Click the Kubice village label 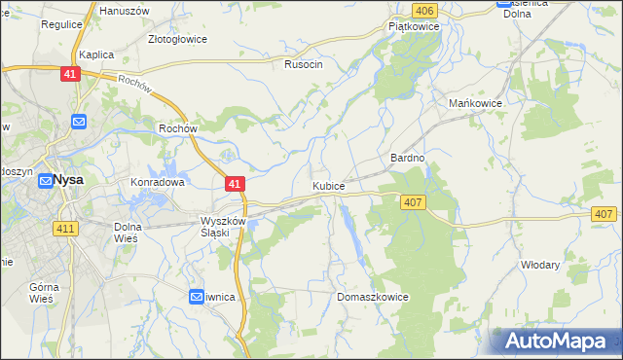pos(328,184)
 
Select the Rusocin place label pos(303,64)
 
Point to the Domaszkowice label pos(371,296)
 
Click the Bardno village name pos(408,157)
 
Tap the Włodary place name pos(539,264)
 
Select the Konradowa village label pos(158,182)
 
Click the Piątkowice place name pos(414,27)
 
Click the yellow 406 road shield pos(423,10)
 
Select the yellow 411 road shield pos(65,228)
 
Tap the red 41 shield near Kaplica pos(70,74)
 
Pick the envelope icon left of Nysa pos(46,181)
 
